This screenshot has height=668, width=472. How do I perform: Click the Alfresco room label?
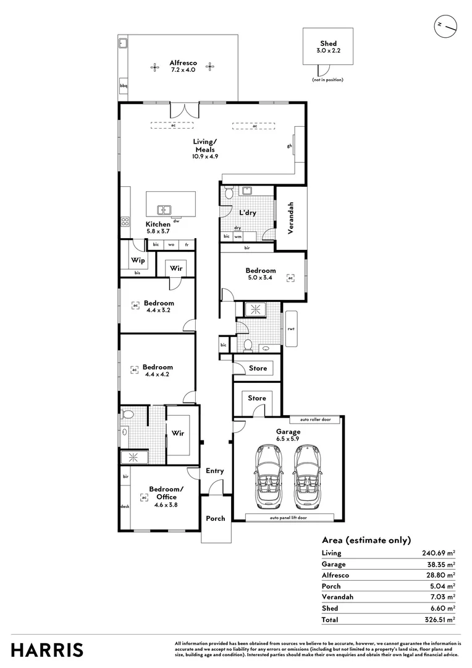pos(183,63)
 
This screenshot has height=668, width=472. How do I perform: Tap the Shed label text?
pos(328,44)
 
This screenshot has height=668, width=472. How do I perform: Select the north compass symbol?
pos(445,25)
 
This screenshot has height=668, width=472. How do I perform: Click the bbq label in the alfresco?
pos(123,86)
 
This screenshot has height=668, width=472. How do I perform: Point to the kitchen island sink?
pos(164,210)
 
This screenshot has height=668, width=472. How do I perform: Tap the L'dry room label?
pos(248,213)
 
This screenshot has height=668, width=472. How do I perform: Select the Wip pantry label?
pos(138,260)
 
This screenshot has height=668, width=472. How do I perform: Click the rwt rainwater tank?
pos(290,328)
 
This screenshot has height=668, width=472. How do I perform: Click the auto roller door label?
pos(315,419)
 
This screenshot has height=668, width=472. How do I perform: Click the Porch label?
pos(216,518)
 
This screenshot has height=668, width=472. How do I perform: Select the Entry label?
pos(215,471)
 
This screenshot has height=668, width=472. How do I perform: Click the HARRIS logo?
pos(48,649)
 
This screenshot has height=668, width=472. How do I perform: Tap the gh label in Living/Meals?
pos(289,146)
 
